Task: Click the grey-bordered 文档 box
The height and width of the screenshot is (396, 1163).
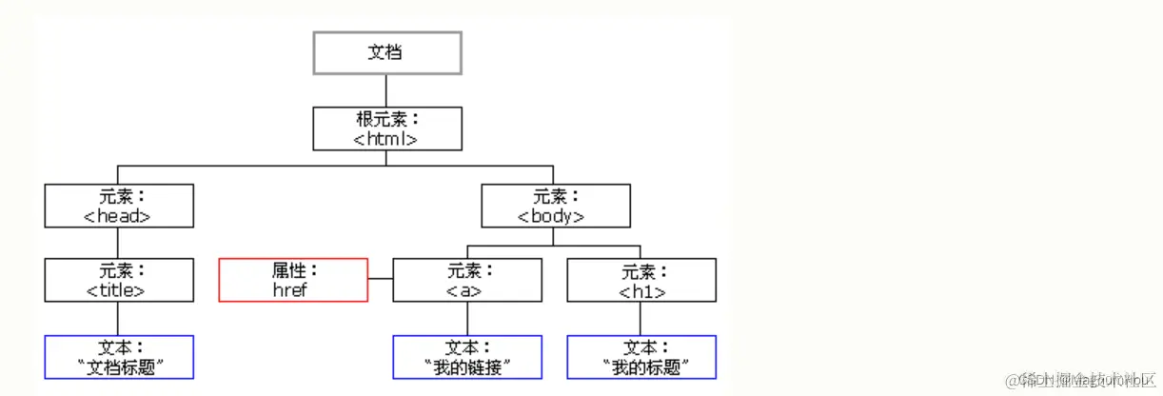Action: tap(387, 52)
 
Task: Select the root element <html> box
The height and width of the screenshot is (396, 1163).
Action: tap(387, 129)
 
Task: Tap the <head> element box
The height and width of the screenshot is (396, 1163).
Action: tap(119, 206)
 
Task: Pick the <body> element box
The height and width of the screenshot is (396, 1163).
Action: tap(555, 206)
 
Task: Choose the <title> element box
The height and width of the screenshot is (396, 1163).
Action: tap(119, 280)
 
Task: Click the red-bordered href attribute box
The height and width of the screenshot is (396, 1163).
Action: tap(293, 280)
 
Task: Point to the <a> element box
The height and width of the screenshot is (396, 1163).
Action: tap(467, 280)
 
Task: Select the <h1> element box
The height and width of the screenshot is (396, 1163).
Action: tap(641, 280)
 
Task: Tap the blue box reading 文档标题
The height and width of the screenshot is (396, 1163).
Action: tap(119, 357)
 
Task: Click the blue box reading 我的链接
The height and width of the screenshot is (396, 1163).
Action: tap(467, 357)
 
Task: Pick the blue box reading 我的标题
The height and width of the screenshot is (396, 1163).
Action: tap(641, 357)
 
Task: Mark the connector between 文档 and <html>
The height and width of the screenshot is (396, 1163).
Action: tap(387, 90)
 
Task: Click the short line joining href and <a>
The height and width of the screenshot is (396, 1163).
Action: tap(381, 279)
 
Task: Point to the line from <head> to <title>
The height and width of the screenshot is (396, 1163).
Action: tap(119, 243)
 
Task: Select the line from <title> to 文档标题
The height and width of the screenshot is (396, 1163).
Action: tap(119, 319)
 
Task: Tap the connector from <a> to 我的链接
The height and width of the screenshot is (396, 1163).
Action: tap(467, 319)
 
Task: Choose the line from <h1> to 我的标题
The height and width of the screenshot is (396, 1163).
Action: tap(641, 319)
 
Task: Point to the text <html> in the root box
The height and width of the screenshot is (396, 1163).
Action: tap(386, 139)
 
